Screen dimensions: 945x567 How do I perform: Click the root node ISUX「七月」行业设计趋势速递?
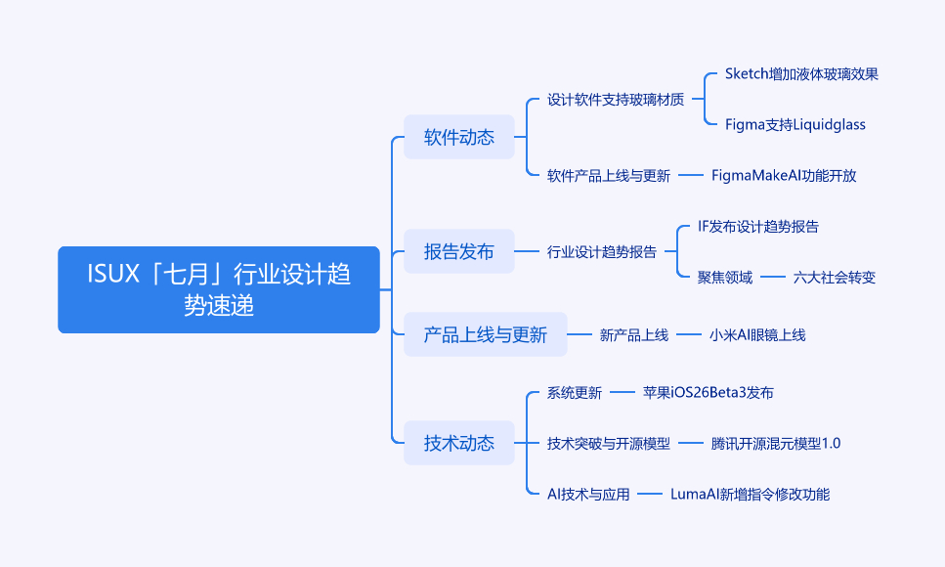point(219,289)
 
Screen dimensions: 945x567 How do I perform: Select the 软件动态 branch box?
point(458,137)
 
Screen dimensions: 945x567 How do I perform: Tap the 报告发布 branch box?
point(458,251)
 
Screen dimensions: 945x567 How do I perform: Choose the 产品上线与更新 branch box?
point(485,334)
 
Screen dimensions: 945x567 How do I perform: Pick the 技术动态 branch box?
point(458,443)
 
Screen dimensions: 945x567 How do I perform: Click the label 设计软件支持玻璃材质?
point(616,100)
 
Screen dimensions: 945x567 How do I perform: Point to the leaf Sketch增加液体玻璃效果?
point(801,73)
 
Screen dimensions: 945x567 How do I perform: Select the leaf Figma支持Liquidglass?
point(795,124)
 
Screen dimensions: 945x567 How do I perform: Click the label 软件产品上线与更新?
point(609,176)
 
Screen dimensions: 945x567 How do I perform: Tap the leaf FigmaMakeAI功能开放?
point(784,176)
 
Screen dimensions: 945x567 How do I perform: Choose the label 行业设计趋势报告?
point(601,251)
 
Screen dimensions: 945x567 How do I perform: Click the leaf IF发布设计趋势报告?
point(758,226)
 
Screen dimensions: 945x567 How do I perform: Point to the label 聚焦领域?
point(725,277)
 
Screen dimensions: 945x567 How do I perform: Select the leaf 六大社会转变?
point(835,277)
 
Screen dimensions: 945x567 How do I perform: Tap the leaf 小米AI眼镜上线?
point(757,334)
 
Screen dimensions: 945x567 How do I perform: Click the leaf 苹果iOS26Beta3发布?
point(709,393)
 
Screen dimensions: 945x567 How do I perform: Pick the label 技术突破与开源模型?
point(609,444)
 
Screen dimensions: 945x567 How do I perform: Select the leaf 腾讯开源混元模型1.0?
point(776,444)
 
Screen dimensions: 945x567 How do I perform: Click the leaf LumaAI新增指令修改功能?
point(750,494)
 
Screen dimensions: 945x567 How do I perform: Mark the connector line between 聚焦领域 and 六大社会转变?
point(773,277)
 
